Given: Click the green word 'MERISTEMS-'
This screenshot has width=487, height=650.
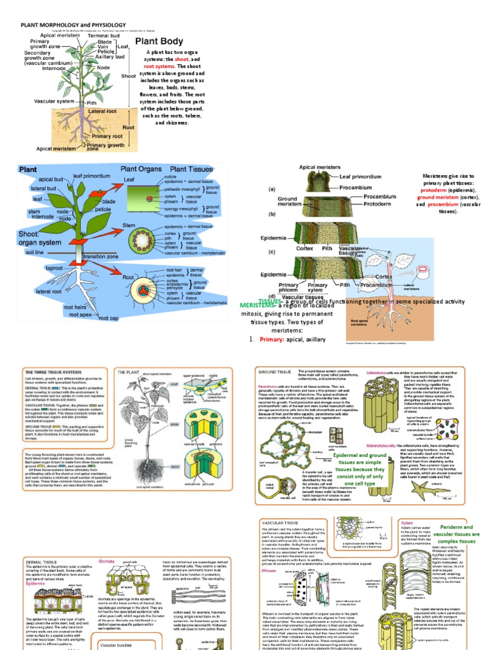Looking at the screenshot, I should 239,305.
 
